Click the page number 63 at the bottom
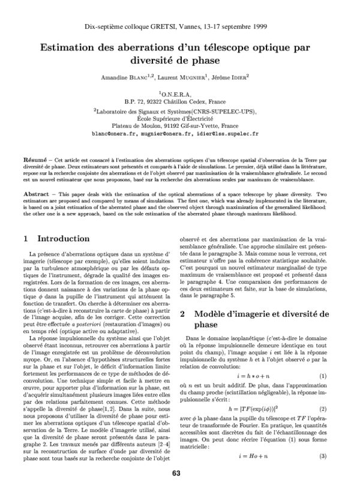point(176,473)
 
